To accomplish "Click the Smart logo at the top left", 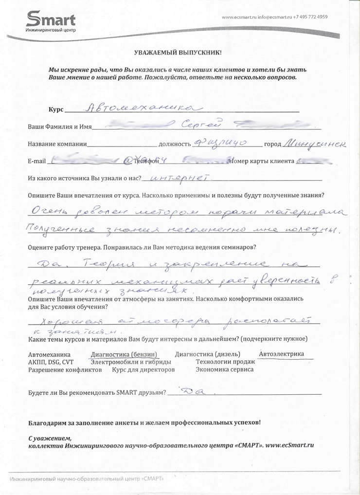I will point(51,22).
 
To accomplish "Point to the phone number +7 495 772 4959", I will point(310,17).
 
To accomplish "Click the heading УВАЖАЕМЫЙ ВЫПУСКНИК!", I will point(178,52).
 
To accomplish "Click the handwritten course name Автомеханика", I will point(141,107).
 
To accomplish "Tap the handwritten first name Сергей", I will point(201,125).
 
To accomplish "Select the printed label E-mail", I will point(36,161).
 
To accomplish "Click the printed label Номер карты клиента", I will point(263,161).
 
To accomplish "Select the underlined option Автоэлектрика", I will point(282,354).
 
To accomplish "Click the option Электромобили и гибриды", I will point(131,362).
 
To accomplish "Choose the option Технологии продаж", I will point(225,362).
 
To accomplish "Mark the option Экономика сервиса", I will point(224,369).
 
